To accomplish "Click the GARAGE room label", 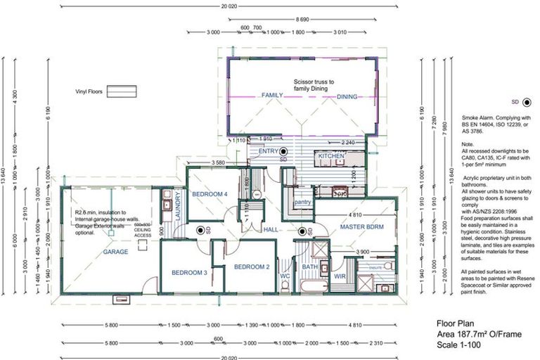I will click(115, 251).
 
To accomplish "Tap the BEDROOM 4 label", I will click(210, 193).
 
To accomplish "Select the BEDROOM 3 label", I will click(189, 272).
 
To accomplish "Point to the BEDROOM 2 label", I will click(252, 266).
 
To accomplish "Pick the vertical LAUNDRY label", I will click(179, 206).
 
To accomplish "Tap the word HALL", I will click(272, 230).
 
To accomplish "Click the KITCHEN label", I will click(331, 155).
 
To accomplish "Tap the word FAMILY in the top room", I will click(272, 96).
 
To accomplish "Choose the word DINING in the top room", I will click(347, 96).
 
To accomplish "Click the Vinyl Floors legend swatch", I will click(122, 91).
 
